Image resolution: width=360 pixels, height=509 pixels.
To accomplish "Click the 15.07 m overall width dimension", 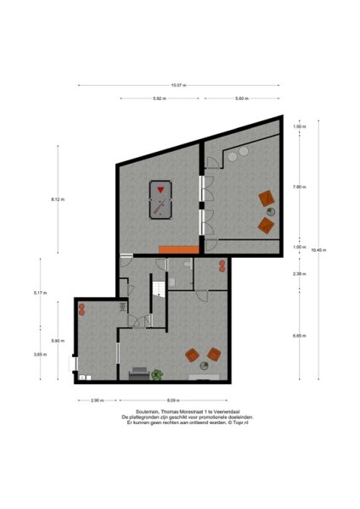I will point(177,85).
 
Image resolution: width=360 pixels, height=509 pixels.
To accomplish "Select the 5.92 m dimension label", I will point(159,99).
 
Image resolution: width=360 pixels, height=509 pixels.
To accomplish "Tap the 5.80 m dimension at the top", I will point(241,99).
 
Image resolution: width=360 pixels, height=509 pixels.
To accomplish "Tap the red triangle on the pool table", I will point(160,188).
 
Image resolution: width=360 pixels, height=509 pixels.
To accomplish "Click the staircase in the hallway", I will point(157,291).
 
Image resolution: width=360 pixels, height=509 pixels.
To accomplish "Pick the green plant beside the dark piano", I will point(157,373).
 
